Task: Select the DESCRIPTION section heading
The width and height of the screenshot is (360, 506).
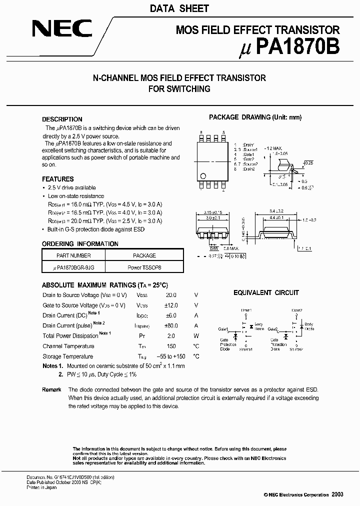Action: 62,119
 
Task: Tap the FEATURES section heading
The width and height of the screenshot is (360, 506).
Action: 57,179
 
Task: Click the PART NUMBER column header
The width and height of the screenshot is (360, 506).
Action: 73,255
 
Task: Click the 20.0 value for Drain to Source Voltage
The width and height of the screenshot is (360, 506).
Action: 171,295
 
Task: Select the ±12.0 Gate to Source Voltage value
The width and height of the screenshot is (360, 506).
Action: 171,305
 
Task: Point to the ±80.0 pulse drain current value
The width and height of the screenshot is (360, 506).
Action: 171,325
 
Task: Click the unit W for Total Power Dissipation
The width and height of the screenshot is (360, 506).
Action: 196,336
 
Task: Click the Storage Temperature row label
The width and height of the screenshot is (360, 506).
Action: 67,356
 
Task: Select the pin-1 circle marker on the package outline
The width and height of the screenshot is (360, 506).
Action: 203,175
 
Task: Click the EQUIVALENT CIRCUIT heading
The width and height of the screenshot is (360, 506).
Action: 266,292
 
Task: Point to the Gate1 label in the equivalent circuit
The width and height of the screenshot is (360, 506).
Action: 223,329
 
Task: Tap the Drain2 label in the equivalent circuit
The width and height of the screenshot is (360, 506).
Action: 296,310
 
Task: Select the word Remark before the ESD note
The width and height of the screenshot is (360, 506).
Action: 51,389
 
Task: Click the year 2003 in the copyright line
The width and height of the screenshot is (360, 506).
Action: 337,494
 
